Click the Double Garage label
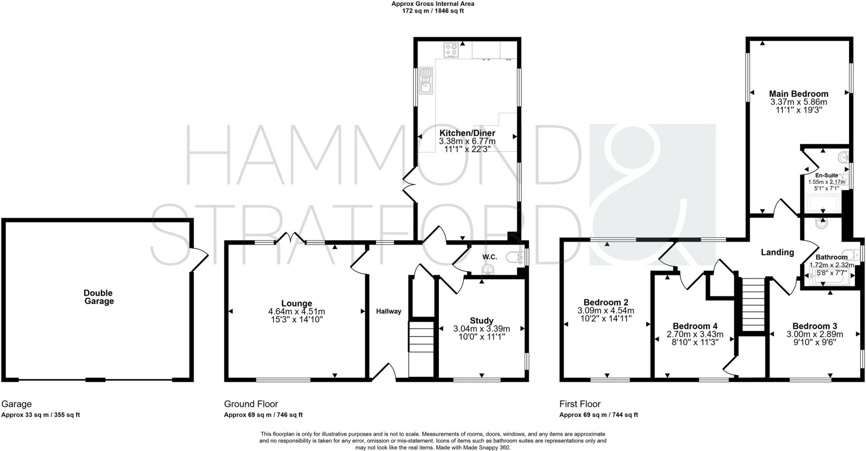click(x=99, y=297)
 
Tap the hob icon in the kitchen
click(x=451, y=50)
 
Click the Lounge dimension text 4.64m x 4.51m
click(x=296, y=311)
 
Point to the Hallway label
click(x=389, y=311)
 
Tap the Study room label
click(x=481, y=321)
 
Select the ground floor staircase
click(x=421, y=337)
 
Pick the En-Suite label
click(x=826, y=176)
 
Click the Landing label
click(x=777, y=253)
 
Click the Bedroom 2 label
click(x=606, y=302)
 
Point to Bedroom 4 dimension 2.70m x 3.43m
click(x=695, y=334)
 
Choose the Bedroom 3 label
click(x=814, y=326)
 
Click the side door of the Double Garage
click(x=199, y=259)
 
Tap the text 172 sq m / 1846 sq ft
click(x=433, y=11)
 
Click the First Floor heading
click(x=580, y=404)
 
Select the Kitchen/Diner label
click(x=467, y=133)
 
